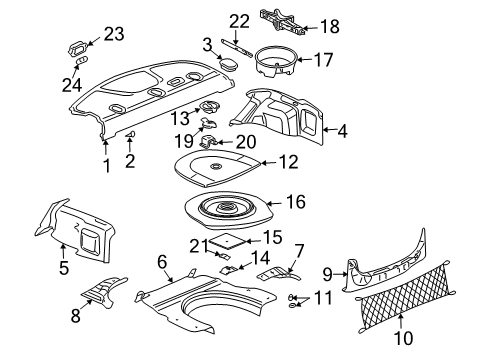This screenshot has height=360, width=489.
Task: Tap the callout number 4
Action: (344, 129)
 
